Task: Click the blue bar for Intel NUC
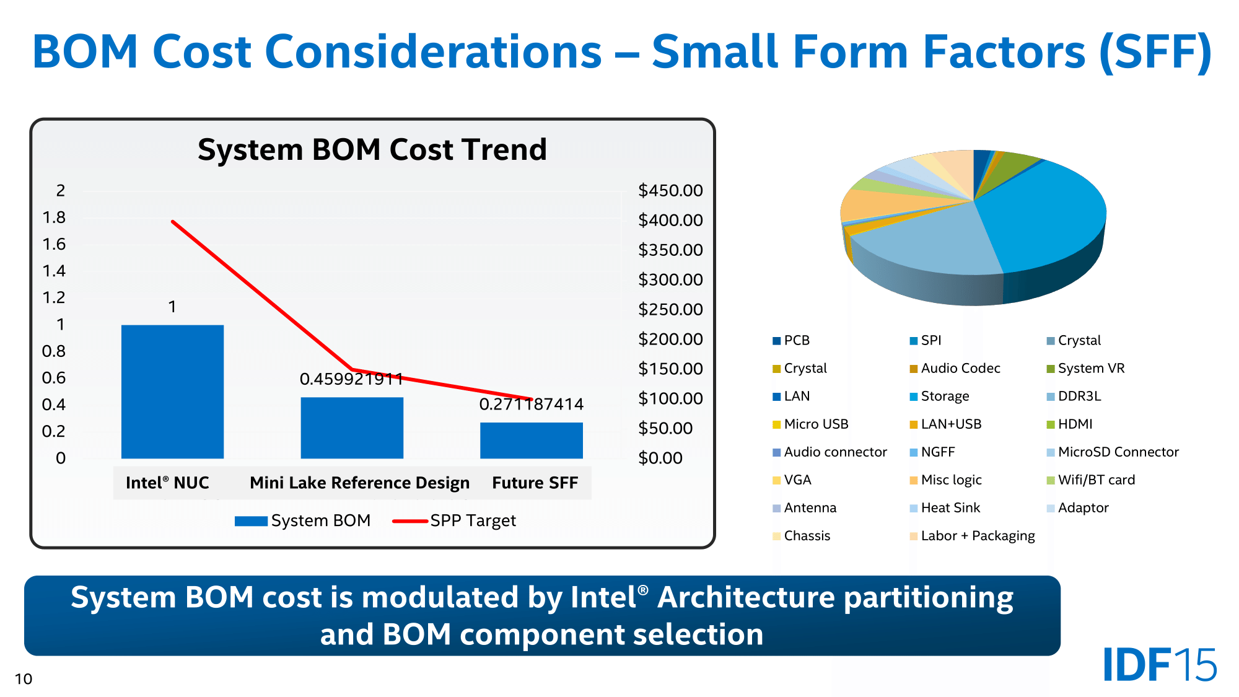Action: [x=172, y=392]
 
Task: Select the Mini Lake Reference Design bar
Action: [x=352, y=427]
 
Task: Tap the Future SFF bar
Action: [x=531, y=441]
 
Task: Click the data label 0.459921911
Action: [x=351, y=379]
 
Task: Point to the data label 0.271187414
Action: [x=531, y=405]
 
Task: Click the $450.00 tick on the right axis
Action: [x=670, y=190]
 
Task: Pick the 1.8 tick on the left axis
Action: [x=54, y=217]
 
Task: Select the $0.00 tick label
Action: [x=660, y=458]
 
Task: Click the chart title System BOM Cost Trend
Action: [x=372, y=150]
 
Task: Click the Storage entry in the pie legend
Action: [x=945, y=397]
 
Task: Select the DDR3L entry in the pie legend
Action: [x=1079, y=397]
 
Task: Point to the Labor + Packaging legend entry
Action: [x=978, y=536]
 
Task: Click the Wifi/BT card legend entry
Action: [x=1096, y=480]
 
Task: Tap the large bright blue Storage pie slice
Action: [x=1047, y=217]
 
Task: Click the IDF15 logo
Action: [x=1160, y=665]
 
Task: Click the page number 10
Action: [x=24, y=679]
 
